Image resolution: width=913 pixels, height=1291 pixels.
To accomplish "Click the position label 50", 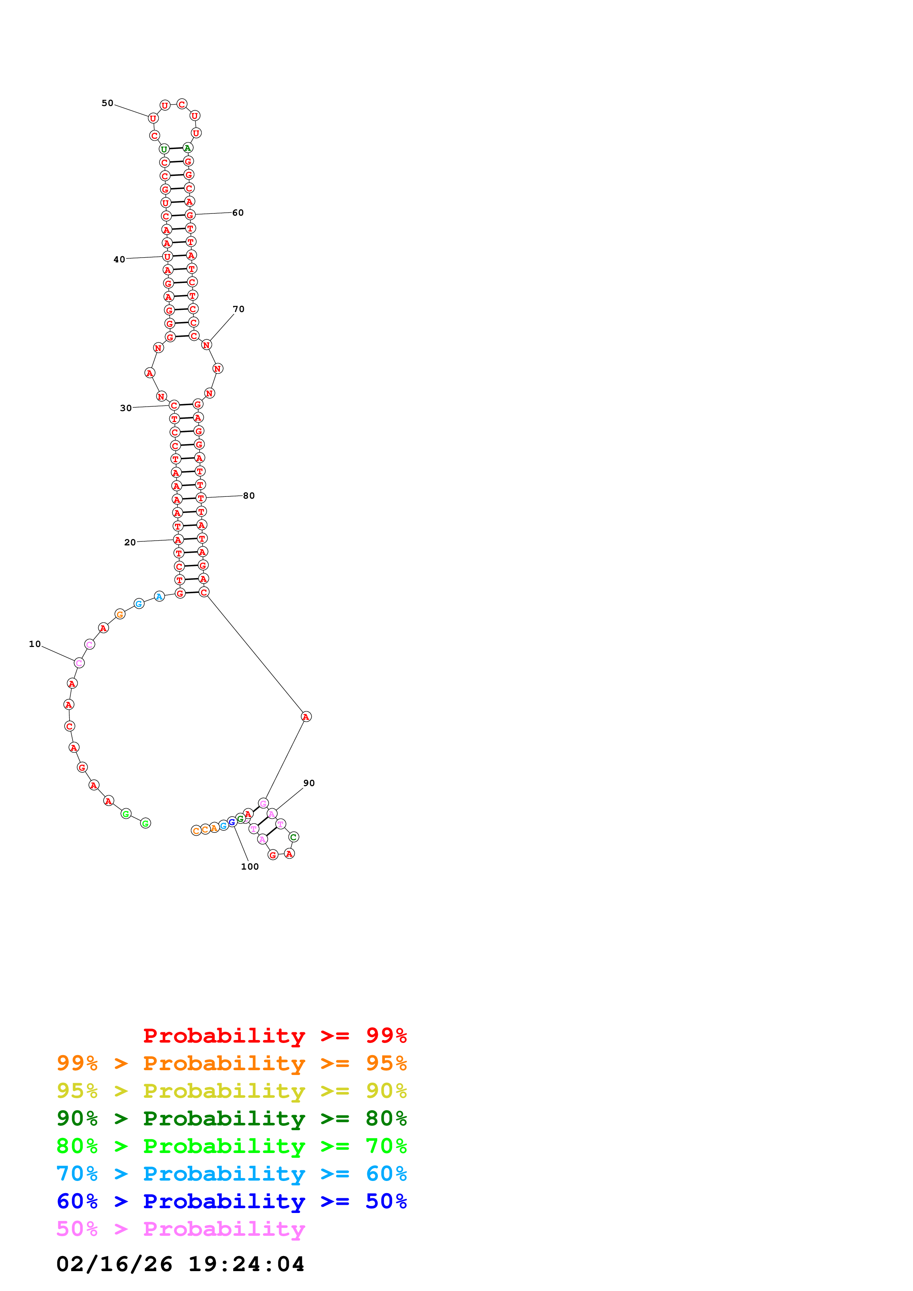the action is [107, 103].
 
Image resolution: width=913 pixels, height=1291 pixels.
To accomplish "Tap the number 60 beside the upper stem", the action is [238, 213].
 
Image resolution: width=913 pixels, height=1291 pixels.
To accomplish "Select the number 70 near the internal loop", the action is [239, 309].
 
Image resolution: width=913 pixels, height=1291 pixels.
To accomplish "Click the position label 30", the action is [126, 408].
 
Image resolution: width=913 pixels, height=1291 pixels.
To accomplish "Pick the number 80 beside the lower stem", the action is [249, 495].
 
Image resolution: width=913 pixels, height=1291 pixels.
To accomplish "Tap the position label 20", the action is [130, 542].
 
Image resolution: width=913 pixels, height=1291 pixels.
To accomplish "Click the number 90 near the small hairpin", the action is [309, 783].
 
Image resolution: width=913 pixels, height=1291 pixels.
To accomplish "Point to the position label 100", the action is [250, 866].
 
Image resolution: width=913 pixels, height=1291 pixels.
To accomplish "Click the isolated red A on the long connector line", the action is [306, 717].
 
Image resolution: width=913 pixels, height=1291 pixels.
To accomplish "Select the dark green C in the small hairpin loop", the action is [294, 837].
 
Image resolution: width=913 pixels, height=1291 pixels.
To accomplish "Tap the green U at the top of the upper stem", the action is [164, 149].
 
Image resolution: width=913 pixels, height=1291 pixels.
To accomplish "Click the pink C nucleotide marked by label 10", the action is [79, 663].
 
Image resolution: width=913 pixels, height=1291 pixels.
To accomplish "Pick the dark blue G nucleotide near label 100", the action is [232, 822].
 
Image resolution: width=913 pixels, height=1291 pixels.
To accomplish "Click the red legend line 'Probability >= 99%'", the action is [274, 1035].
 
